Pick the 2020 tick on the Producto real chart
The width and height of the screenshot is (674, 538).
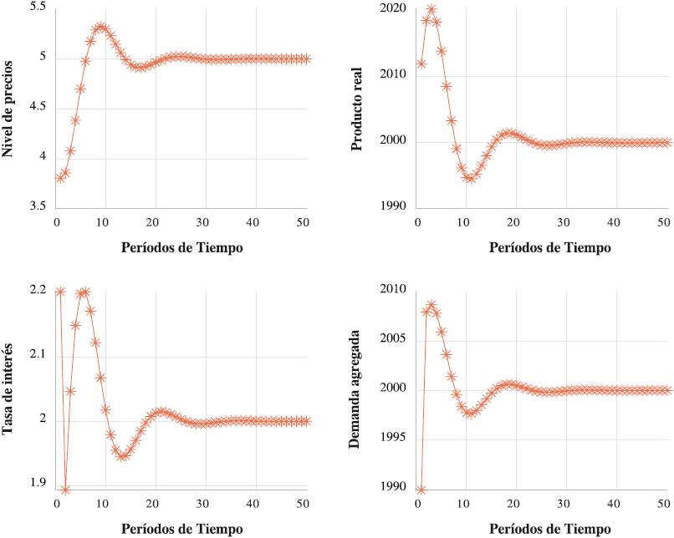(391, 9)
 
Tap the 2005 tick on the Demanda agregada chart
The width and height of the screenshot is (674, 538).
(391, 339)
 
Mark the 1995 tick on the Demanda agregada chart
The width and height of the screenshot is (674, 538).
(391, 438)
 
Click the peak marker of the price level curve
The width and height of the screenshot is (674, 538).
(100, 27)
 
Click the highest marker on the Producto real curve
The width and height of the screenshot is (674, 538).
(431, 9)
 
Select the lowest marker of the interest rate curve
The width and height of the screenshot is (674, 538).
(65, 490)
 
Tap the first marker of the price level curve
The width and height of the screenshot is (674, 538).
(59, 177)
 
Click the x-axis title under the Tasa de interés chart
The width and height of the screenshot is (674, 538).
(181, 529)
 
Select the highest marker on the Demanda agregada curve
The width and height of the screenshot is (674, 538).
(431, 306)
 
